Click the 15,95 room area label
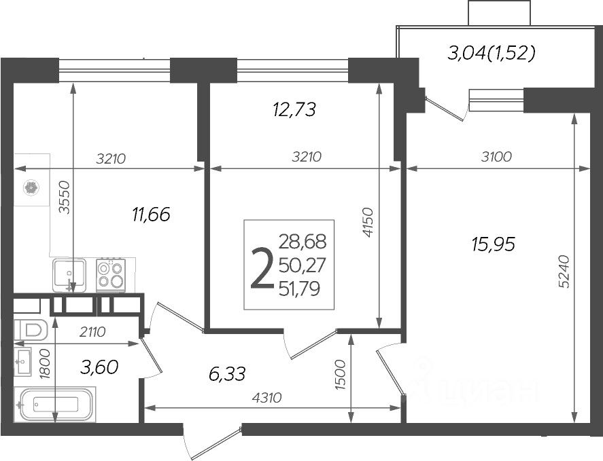pos(493,244)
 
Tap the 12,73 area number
pos(294,109)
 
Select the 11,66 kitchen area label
pos(151,215)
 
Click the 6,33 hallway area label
pos(227,373)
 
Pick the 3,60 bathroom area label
pos(99,367)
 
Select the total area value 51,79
pos(300,289)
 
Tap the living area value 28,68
pos(303,242)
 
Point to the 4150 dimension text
pos(368,222)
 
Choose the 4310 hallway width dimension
pos(267,398)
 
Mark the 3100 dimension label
pos(496,157)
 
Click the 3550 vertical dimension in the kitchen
pos(65,197)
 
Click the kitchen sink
pos(69,274)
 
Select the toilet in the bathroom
pos(31,329)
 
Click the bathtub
pos(54,404)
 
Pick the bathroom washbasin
pos(22,361)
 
